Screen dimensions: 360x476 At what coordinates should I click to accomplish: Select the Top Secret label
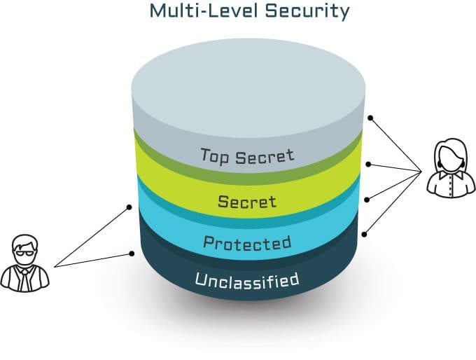point(247,155)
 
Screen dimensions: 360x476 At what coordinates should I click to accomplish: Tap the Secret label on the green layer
point(247,202)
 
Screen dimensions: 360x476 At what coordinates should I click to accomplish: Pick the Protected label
point(246,243)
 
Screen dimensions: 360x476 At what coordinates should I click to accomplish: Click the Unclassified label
point(246,282)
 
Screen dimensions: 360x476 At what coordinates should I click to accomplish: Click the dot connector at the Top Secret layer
point(371,118)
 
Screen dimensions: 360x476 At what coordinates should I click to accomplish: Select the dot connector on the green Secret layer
point(370,165)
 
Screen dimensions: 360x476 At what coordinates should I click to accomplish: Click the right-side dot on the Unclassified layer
point(365,232)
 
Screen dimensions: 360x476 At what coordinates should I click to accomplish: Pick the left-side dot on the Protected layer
point(130,207)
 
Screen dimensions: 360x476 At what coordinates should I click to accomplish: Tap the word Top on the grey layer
point(214,155)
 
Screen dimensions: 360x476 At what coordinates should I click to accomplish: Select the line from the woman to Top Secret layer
point(396,144)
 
